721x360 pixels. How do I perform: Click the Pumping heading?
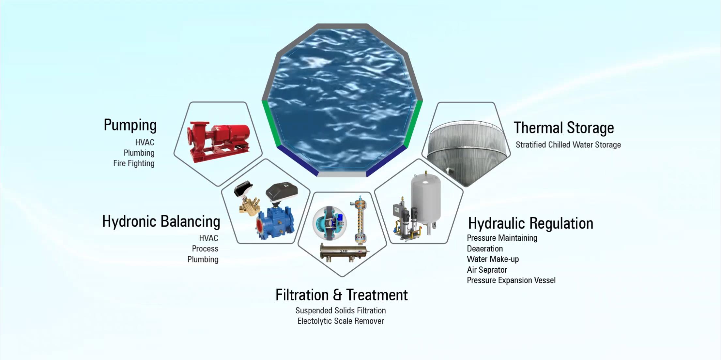click(130, 126)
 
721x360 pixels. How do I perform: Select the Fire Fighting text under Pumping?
click(134, 163)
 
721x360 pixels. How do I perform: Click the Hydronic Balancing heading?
click(161, 221)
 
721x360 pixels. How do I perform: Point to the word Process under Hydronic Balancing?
click(205, 249)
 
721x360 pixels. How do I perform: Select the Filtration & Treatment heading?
click(342, 295)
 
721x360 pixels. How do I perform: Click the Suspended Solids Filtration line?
click(341, 311)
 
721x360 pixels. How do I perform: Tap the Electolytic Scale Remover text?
click(341, 321)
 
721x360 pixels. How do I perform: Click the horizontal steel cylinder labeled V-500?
click(344, 252)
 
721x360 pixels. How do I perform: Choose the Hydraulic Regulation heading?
click(531, 224)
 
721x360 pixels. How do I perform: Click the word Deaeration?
click(485, 249)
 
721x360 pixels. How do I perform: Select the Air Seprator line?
click(487, 270)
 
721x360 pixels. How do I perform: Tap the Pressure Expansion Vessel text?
click(511, 280)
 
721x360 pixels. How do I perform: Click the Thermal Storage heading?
click(564, 128)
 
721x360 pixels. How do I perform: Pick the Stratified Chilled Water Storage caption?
click(568, 145)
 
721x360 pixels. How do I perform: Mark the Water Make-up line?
click(493, 259)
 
